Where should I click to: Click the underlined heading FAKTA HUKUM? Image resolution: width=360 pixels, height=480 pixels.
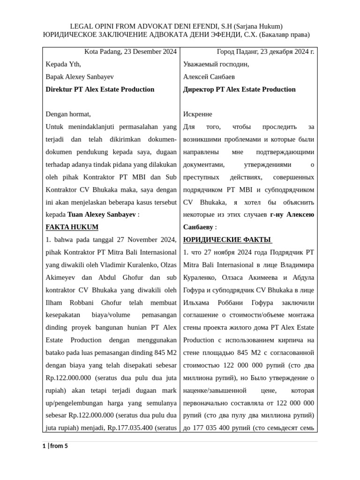point(72,227)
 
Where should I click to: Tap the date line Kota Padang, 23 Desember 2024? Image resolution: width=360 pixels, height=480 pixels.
point(130,52)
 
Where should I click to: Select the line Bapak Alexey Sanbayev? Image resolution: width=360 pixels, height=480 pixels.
point(79,76)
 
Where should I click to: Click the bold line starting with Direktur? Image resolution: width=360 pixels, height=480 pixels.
point(100,89)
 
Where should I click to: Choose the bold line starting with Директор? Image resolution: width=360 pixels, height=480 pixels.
point(239,89)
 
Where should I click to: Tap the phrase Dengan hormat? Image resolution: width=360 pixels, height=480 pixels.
point(68,114)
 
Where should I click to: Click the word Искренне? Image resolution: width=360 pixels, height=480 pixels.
point(197,114)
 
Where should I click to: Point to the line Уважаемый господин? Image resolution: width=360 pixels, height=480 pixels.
point(216,64)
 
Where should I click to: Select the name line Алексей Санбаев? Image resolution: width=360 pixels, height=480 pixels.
point(209,76)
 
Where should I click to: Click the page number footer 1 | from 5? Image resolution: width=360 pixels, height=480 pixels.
point(55,446)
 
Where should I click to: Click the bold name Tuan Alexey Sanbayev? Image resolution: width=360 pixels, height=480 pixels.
point(102,214)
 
